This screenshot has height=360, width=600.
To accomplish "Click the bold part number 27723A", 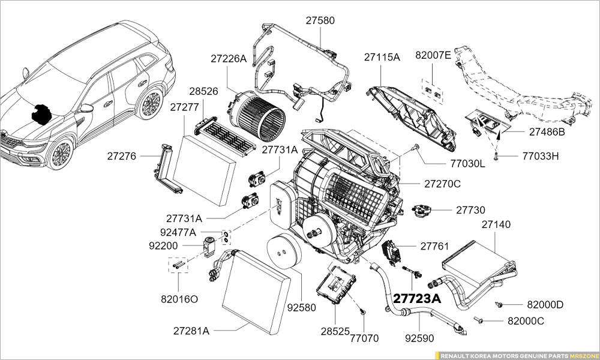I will (x=417, y=299).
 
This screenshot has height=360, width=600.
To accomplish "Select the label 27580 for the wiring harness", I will (x=320, y=20).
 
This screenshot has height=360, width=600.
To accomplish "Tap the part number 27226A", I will (x=229, y=59).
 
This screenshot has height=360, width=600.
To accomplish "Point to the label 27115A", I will (x=382, y=58).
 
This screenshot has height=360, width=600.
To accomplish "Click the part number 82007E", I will (x=433, y=55).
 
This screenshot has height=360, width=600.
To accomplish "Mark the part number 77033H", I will (x=541, y=156).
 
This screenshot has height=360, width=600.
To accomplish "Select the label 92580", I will (x=301, y=308).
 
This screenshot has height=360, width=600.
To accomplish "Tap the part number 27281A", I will (x=191, y=331).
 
